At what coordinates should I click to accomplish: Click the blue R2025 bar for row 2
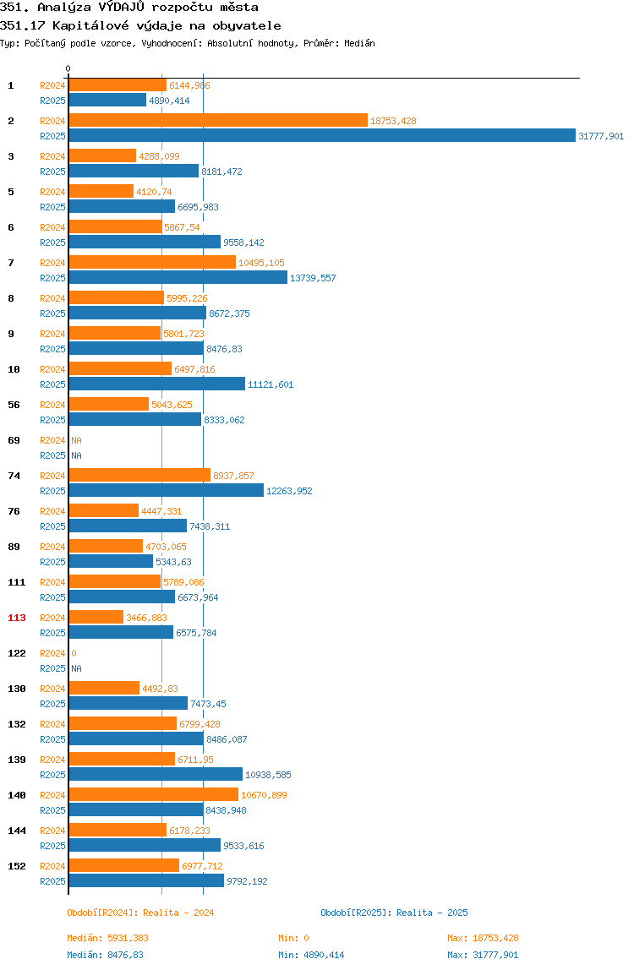(x=322, y=135)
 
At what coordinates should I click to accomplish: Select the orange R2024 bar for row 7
(x=152, y=262)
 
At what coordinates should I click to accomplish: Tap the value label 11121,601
(x=271, y=384)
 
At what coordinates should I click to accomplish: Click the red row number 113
(x=17, y=618)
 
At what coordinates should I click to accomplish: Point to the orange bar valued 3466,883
(x=96, y=618)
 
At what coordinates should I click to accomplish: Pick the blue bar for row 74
(x=166, y=491)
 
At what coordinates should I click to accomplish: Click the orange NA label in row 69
(x=76, y=440)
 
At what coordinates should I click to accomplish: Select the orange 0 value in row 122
(x=74, y=653)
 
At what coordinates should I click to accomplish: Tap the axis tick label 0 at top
(x=68, y=68)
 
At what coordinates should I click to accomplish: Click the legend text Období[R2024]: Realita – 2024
(x=140, y=913)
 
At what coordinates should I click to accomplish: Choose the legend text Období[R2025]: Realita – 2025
(x=395, y=913)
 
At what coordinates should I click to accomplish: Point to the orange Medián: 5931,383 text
(x=107, y=938)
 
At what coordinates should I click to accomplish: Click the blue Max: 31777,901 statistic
(x=483, y=955)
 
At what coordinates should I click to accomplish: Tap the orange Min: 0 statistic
(x=293, y=938)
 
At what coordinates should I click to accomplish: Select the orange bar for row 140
(x=154, y=794)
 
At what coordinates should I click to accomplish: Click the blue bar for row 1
(x=107, y=101)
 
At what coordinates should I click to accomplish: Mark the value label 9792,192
(x=247, y=881)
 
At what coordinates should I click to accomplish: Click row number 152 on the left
(x=17, y=866)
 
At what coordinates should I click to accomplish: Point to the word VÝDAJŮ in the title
(x=122, y=8)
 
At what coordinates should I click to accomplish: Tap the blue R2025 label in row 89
(x=52, y=563)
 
